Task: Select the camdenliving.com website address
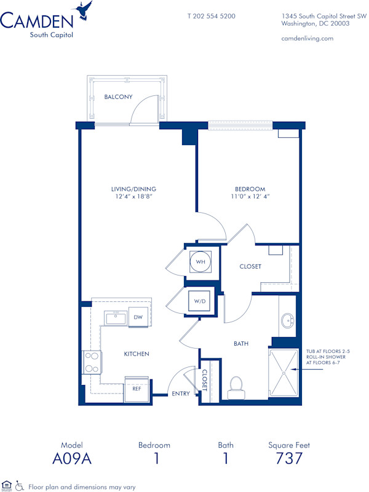tap(307, 38)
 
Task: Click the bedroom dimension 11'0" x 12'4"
tap(250, 197)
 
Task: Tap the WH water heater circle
tap(200, 261)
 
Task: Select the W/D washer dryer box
tap(200, 302)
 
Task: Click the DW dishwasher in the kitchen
tap(138, 317)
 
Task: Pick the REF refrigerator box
tap(135, 389)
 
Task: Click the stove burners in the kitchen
tap(91, 362)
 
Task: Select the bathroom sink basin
tap(287, 321)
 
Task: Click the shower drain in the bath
tap(283, 371)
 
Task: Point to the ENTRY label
tap(181, 393)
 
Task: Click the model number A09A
tap(71, 458)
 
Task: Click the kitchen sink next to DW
tap(115, 317)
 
